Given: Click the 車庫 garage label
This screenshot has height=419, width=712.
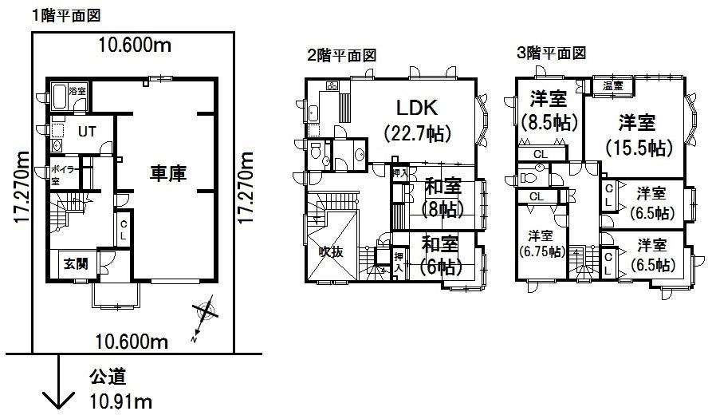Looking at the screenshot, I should coord(167,173).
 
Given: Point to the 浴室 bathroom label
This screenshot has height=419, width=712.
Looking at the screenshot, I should coord(77,91).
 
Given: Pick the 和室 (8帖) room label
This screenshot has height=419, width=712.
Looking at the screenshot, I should coord(442,198).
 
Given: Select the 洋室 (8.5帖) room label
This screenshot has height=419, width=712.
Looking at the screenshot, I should coord(549,111).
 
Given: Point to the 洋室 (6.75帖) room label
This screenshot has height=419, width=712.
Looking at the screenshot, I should coord(541,243).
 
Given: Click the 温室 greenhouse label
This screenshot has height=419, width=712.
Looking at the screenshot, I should coord(613,85).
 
